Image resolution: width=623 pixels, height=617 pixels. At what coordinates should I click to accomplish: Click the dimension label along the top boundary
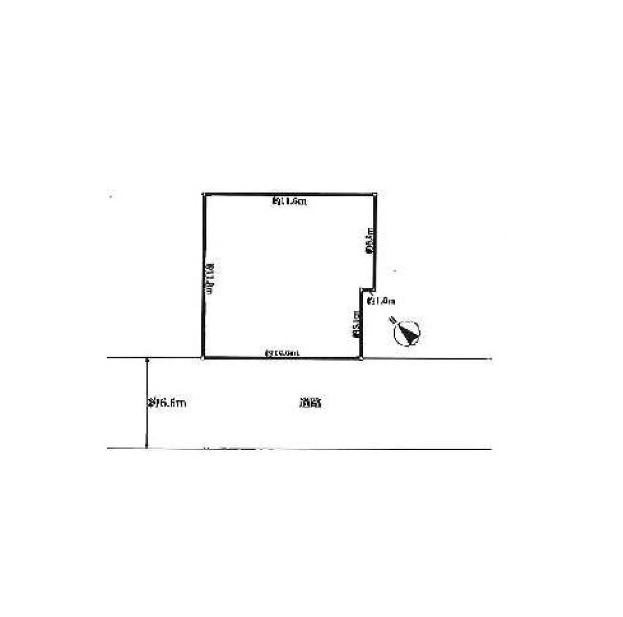coord(289,201)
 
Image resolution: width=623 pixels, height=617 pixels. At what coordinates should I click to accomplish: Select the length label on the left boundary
coord(211,275)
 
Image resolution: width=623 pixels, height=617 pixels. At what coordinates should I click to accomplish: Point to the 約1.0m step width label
coord(382,301)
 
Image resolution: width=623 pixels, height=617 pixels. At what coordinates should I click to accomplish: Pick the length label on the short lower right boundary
coord(356,324)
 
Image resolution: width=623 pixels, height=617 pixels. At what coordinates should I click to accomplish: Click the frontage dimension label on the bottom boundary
coord(282,353)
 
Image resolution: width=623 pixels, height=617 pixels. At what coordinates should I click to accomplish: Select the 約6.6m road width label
coord(166,403)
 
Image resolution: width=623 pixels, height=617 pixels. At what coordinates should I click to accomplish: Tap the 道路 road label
coord(310,403)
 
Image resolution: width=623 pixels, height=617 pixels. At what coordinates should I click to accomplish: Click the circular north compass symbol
coord(407,333)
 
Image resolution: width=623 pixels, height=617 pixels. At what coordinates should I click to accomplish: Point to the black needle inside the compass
coord(409,335)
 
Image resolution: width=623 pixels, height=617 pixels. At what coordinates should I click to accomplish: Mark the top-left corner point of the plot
coord(205,194)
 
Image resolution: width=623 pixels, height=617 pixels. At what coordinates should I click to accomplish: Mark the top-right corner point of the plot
coord(375,194)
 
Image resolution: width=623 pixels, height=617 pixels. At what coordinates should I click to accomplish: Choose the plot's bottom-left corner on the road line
coord(203,358)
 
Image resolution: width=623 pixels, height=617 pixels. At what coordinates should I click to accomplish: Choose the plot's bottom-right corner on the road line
coord(362,358)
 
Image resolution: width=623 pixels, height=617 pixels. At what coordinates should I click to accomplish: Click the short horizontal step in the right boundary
coord(368,289)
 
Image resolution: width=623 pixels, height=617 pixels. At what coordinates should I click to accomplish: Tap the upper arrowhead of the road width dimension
coord(146,360)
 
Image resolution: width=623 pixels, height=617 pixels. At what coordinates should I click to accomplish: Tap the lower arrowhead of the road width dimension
coord(146,446)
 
